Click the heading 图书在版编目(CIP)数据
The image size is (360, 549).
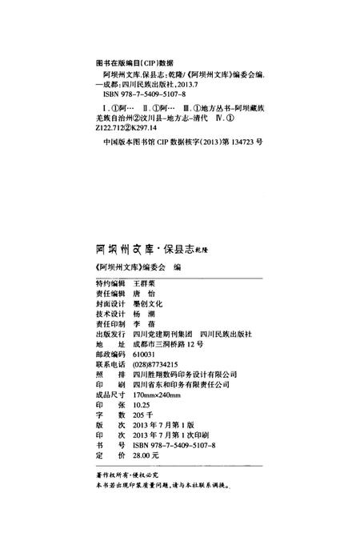click(129, 60)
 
